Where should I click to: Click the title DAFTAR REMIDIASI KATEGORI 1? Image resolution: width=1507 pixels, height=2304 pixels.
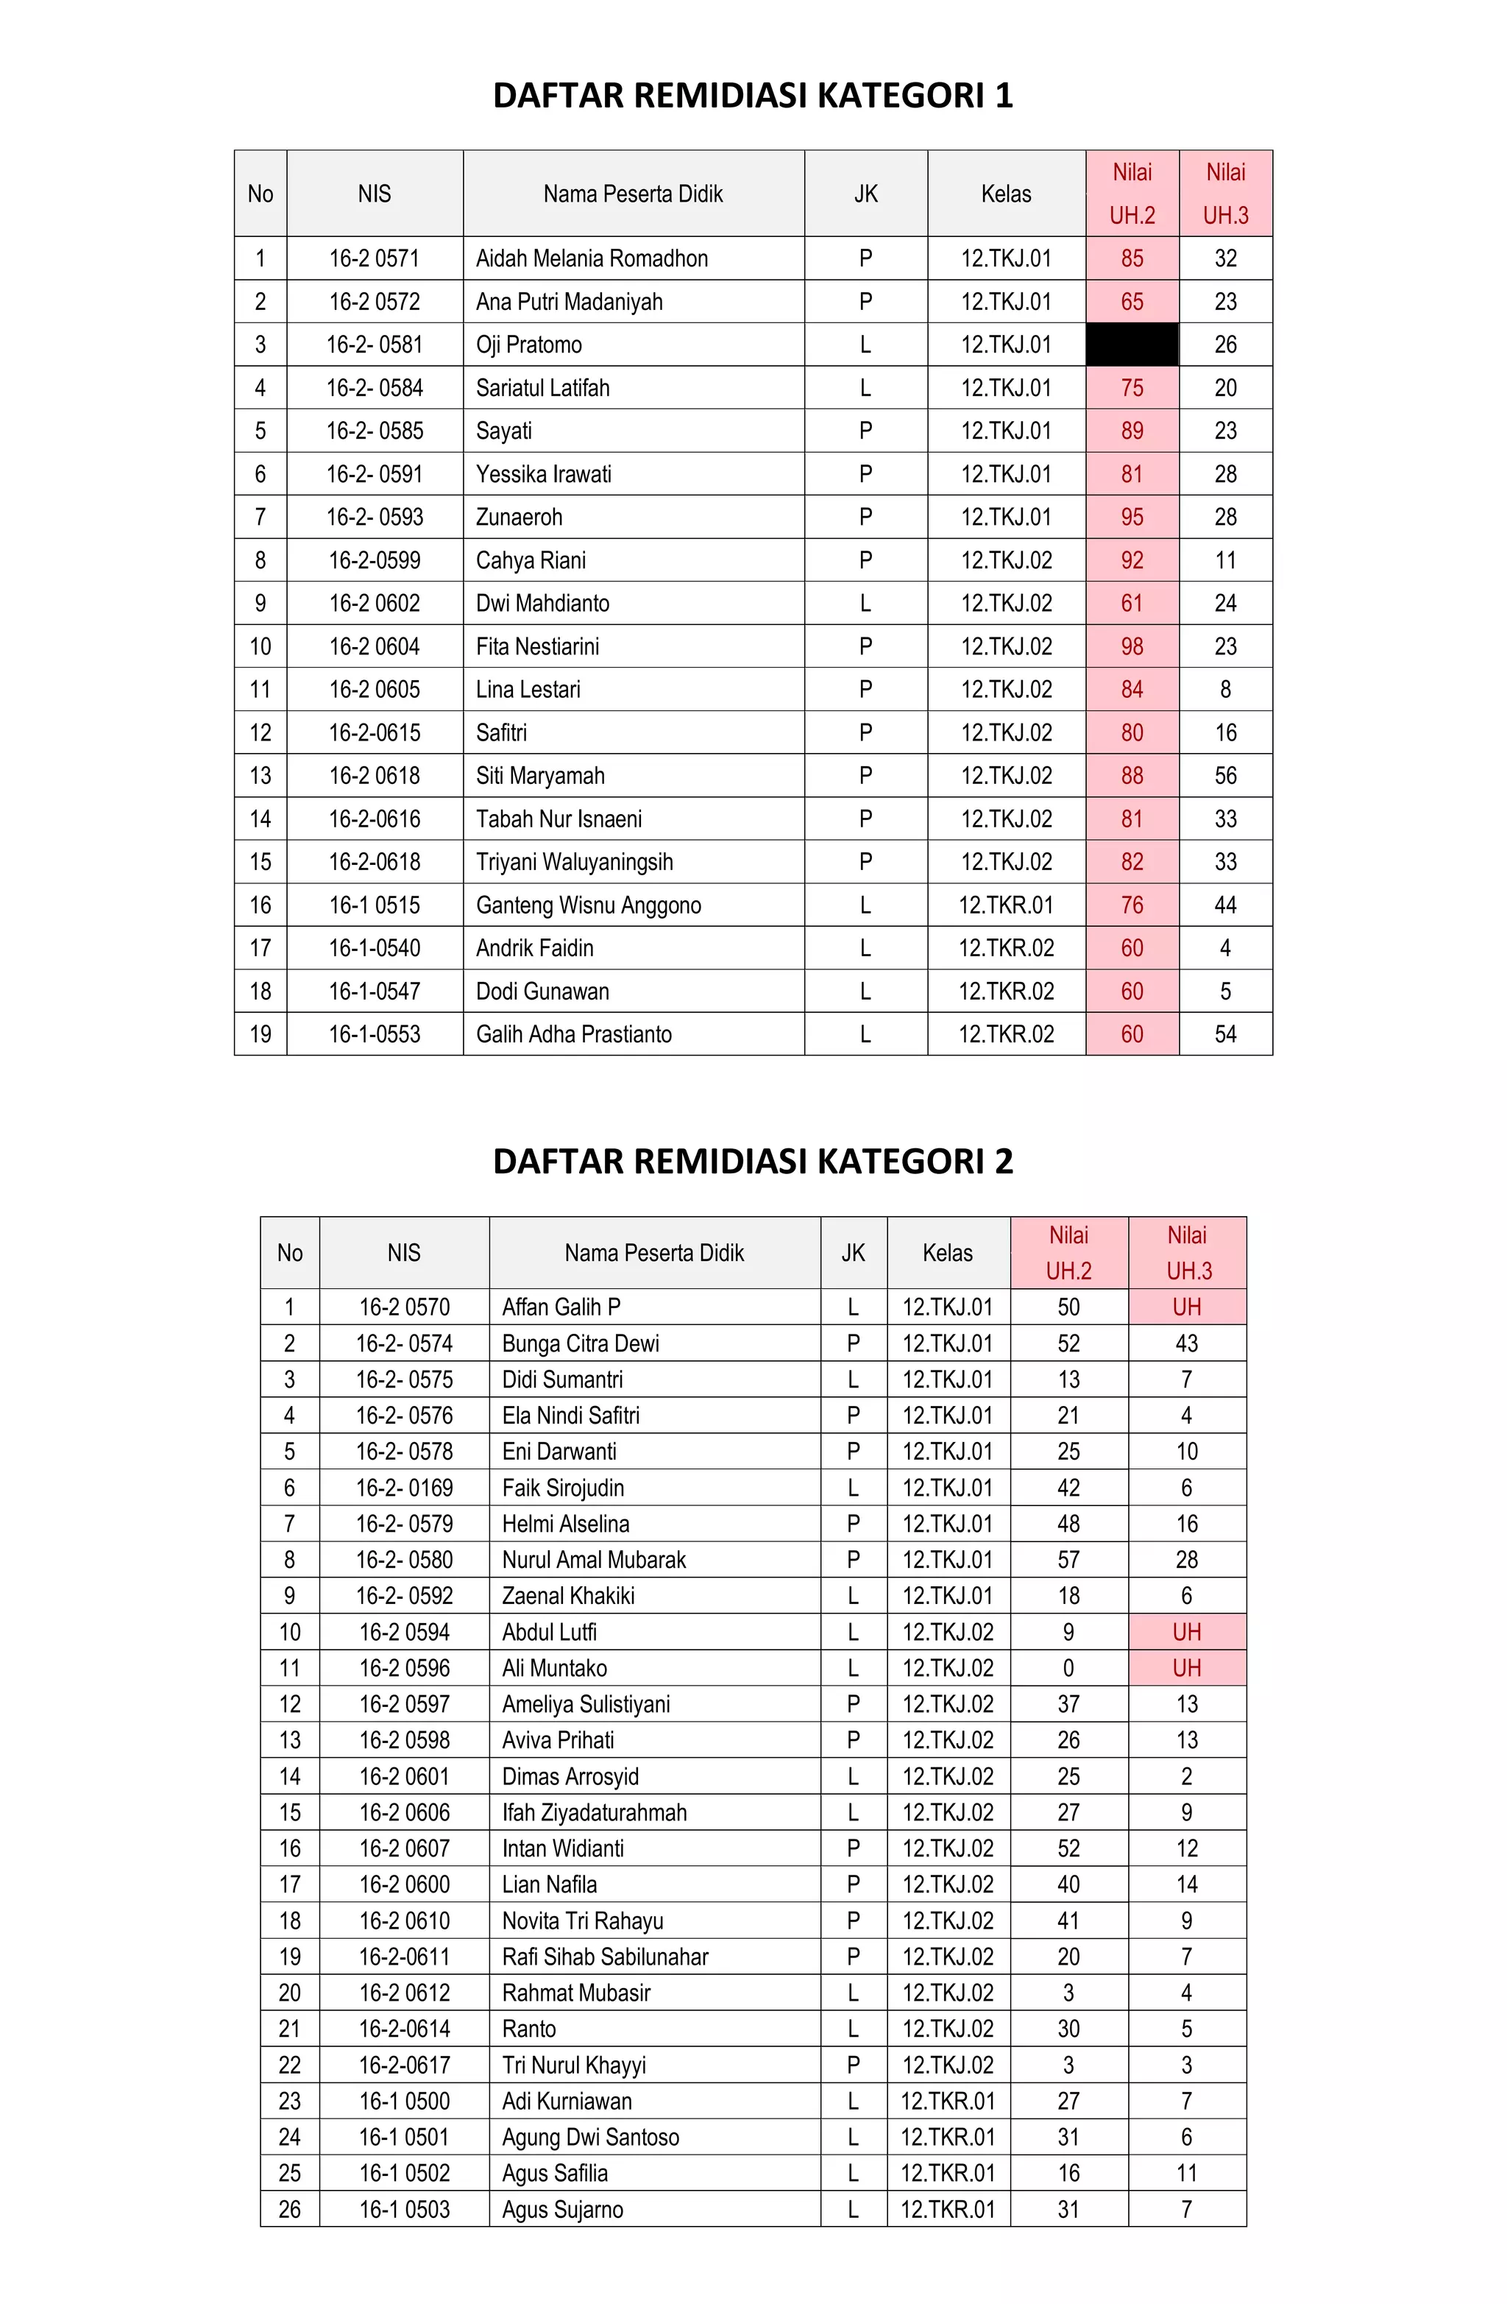[752, 96]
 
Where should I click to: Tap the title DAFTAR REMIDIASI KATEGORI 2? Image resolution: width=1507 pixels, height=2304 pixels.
[752, 1161]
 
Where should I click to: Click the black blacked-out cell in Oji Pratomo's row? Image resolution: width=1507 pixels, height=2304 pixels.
[1132, 344]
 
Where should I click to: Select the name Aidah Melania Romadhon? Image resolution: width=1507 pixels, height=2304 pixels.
[592, 258]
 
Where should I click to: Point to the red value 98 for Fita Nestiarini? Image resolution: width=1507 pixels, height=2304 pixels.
[1132, 647]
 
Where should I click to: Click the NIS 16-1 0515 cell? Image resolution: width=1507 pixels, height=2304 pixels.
[375, 905]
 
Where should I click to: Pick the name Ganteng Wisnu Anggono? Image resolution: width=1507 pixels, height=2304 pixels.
[589, 905]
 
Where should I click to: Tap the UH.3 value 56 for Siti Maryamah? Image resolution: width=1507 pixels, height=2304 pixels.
[1225, 775]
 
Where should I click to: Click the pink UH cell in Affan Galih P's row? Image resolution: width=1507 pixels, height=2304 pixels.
[1187, 1307]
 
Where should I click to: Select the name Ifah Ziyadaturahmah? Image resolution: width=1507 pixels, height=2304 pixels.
[595, 1812]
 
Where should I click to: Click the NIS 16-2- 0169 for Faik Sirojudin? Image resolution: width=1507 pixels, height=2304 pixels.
[404, 1488]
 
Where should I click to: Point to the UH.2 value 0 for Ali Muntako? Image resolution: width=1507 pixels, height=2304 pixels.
[1068, 1668]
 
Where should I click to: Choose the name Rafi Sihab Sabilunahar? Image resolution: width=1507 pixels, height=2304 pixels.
[605, 1957]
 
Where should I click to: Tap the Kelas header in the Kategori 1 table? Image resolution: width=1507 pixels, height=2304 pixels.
[1006, 194]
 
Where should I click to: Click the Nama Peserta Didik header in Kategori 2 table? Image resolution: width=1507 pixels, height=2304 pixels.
[654, 1253]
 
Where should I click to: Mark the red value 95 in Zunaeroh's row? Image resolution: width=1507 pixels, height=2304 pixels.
[1132, 517]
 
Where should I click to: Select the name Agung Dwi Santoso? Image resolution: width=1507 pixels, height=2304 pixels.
[590, 2136]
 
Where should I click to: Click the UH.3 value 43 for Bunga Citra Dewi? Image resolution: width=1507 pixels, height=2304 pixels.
[1187, 1343]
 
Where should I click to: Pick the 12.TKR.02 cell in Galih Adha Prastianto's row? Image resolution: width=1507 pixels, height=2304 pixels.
[1006, 1034]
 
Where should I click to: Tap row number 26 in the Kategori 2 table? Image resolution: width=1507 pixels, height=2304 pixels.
[289, 2209]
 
